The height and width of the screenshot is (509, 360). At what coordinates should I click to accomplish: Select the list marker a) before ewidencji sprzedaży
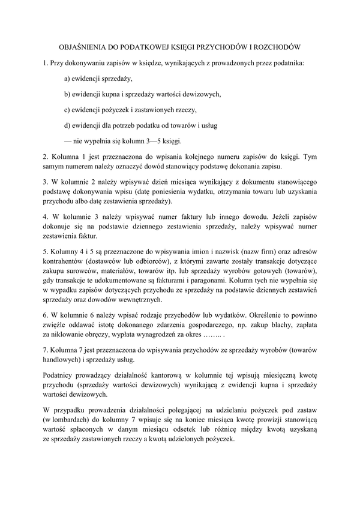(x=67, y=79)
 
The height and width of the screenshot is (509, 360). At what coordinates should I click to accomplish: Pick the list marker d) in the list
(x=67, y=125)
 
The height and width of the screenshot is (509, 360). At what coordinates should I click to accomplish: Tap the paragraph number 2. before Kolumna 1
(x=46, y=156)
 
